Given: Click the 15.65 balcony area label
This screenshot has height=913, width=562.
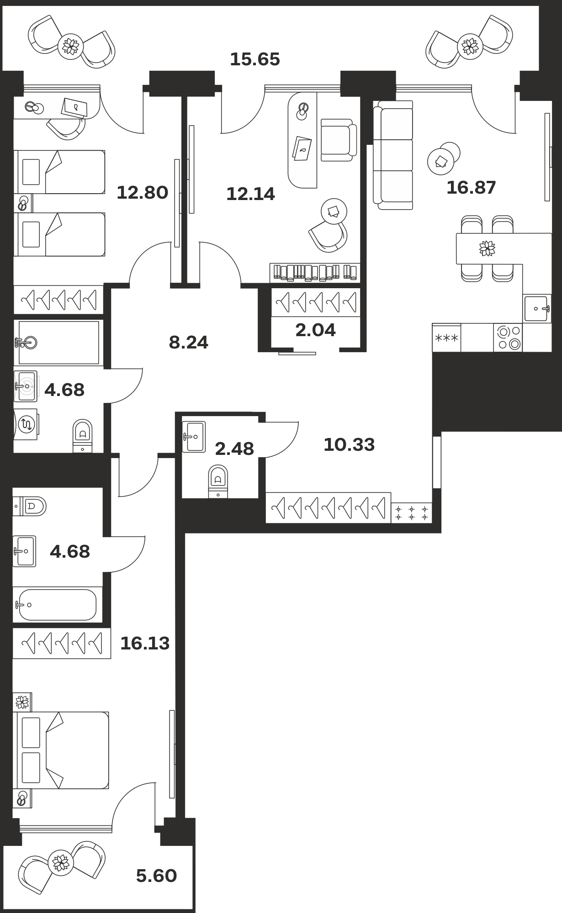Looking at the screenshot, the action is pyautogui.click(x=254, y=59).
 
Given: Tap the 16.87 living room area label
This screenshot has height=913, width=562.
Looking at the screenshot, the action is pyautogui.click(x=471, y=188).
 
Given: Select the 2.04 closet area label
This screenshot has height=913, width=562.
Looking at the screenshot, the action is pyautogui.click(x=315, y=330).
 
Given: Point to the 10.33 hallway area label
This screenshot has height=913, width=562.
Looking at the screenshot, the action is pyautogui.click(x=349, y=444).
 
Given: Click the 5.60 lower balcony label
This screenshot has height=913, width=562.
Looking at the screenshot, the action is pyautogui.click(x=156, y=876).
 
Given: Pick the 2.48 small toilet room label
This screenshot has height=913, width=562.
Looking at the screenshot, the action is pyautogui.click(x=234, y=449).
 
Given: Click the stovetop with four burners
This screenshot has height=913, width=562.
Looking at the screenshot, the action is pyautogui.click(x=508, y=338).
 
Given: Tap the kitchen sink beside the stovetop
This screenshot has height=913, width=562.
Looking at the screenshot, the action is pyautogui.click(x=537, y=308).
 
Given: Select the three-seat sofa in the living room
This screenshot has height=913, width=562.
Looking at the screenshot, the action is pyautogui.click(x=393, y=155).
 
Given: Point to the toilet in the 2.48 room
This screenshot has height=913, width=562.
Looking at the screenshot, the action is pyautogui.click(x=218, y=481).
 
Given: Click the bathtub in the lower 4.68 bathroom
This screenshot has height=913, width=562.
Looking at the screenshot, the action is pyautogui.click(x=57, y=605).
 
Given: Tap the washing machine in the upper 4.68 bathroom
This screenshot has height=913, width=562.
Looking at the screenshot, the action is pyautogui.click(x=26, y=425).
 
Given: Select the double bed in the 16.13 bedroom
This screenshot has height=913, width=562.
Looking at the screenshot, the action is pyautogui.click(x=63, y=750).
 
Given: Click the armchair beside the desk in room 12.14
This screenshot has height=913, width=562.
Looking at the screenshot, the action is pyautogui.click(x=338, y=140).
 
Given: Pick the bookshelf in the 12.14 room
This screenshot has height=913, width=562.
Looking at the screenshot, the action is pyautogui.click(x=315, y=273).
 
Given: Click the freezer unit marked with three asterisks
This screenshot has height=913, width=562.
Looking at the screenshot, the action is pyautogui.click(x=446, y=338).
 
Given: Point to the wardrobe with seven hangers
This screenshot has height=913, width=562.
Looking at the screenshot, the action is pyautogui.click(x=328, y=507).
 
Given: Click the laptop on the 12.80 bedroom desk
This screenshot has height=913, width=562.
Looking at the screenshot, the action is pyautogui.click(x=74, y=108).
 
